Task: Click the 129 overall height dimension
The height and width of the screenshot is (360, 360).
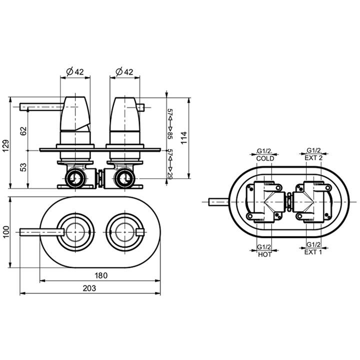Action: coord(5,145)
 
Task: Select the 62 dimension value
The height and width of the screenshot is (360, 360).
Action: coord(23,131)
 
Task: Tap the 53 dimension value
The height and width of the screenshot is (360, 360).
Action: coord(23,167)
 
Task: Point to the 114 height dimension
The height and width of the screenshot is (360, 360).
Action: coord(184,138)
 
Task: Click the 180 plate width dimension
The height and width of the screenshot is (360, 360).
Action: coord(101,275)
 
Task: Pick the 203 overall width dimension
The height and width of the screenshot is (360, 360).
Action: coord(89,288)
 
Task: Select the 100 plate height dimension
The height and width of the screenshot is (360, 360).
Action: coord(5,232)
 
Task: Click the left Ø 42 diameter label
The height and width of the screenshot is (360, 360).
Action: coord(75,72)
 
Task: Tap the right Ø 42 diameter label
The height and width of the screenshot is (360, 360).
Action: coord(124,72)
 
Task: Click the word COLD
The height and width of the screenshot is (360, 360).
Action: coord(265,158)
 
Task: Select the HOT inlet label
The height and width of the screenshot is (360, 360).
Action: coord(264,254)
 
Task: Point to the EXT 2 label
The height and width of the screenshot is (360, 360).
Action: coord(313,158)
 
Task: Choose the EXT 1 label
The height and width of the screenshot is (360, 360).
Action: coord(313,252)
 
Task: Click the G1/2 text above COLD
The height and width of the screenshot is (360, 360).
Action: coord(264,151)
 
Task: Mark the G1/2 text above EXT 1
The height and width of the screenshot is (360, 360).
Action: coord(313,244)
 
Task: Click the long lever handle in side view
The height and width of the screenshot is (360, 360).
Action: coord(41,107)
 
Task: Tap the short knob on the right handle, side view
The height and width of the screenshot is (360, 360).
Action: coord(140,107)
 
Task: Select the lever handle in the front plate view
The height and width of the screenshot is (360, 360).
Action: coord(41,232)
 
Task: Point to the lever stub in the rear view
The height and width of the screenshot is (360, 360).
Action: coord(218,202)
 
